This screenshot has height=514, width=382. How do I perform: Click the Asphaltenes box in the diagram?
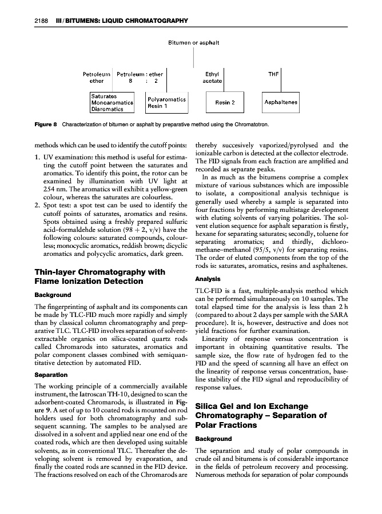tap(281, 103)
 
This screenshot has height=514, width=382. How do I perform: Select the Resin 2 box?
tap(221, 103)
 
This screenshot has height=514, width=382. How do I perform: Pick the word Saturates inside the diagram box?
tap(104, 96)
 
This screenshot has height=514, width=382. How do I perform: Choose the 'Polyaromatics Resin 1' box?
tap(166, 102)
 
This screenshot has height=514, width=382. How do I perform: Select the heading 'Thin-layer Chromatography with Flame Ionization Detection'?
tap(100, 276)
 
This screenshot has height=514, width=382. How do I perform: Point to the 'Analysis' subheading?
tap(208, 280)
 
